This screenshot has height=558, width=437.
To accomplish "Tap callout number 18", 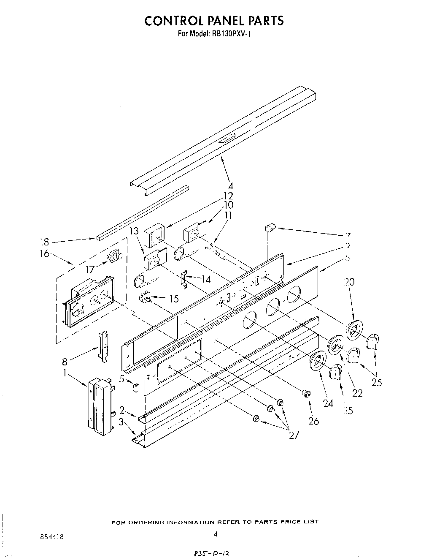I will pos(44,242).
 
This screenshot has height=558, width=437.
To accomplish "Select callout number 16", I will pos(44,254).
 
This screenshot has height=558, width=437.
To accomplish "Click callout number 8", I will pos(65,361).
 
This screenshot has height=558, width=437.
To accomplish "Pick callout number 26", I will pos(314,421).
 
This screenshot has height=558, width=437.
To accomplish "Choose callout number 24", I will pos(328,403).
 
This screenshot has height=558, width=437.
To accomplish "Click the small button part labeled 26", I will pos(306,394).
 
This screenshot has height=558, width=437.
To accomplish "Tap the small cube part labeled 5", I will pos(136,387).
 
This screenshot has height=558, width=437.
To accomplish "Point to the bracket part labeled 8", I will pos(103,346).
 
